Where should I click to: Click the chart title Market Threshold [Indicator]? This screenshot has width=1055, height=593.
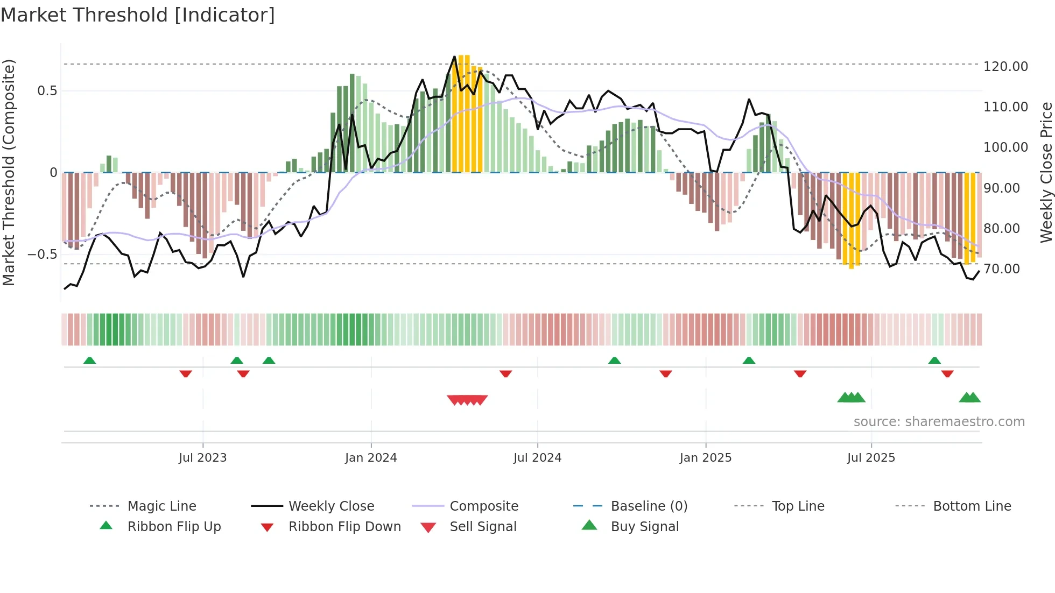pos(138,15)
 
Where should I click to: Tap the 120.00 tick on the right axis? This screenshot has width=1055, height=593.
pos(1005,67)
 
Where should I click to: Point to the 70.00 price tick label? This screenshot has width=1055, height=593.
pos(1001,269)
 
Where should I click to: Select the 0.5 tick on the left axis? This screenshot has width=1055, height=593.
pos(47,91)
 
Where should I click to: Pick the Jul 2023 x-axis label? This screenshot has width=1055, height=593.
pos(202,458)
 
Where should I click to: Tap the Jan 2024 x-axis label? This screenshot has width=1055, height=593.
pos(371,458)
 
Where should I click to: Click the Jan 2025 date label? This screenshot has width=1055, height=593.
pos(705,458)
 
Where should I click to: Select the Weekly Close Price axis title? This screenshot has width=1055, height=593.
pos(1046,172)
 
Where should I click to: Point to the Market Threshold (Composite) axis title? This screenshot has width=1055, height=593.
pos(9,172)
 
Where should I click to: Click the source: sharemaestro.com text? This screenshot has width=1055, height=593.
pos(939,422)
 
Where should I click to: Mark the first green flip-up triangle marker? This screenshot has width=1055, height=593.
pos(90,361)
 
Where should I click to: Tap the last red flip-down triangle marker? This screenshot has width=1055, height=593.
pos(947,373)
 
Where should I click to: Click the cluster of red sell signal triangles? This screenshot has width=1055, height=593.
pos(467,400)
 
